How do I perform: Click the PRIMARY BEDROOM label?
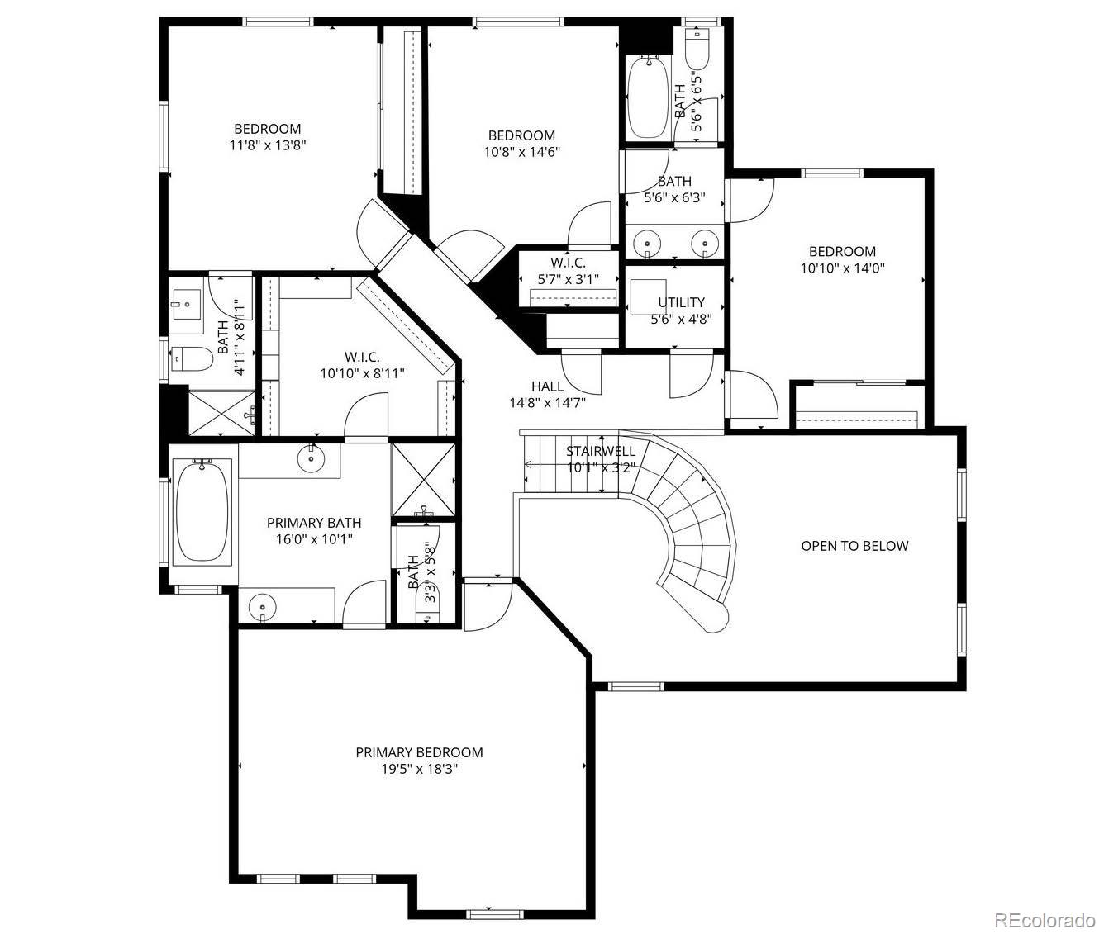419,752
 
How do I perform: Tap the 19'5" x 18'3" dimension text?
419,769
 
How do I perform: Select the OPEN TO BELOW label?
854,546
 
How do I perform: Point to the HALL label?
547,386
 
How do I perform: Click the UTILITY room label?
681,302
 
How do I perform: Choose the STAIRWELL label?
601,451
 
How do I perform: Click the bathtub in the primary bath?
202,512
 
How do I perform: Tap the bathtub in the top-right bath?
649,97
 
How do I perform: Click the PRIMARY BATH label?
314,523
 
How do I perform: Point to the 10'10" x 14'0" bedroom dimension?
842,268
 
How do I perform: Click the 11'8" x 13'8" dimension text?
267,145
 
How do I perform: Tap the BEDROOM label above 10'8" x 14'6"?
521,135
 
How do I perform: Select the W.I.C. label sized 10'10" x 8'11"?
362,357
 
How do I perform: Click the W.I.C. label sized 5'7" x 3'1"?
568,263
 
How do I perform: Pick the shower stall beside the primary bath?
422,480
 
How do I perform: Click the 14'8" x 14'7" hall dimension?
547,403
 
